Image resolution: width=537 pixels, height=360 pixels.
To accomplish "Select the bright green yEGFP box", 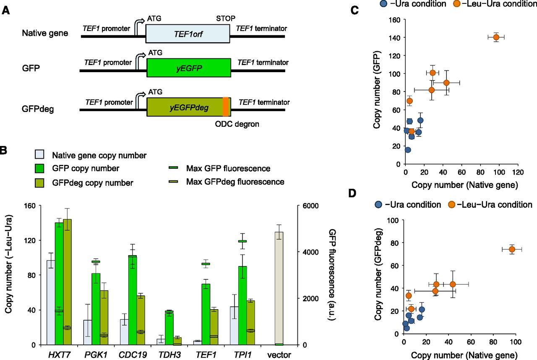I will pos(189,67).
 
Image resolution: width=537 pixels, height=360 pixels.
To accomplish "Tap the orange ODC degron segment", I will pos(225,107).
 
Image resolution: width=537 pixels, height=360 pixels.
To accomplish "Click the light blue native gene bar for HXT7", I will pos(51,302).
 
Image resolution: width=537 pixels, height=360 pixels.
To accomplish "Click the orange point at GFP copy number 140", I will pos(496,37).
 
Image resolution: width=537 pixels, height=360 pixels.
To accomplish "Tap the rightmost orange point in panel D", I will pos(512,249).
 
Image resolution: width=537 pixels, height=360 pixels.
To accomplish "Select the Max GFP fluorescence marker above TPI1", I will pos(242,241).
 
